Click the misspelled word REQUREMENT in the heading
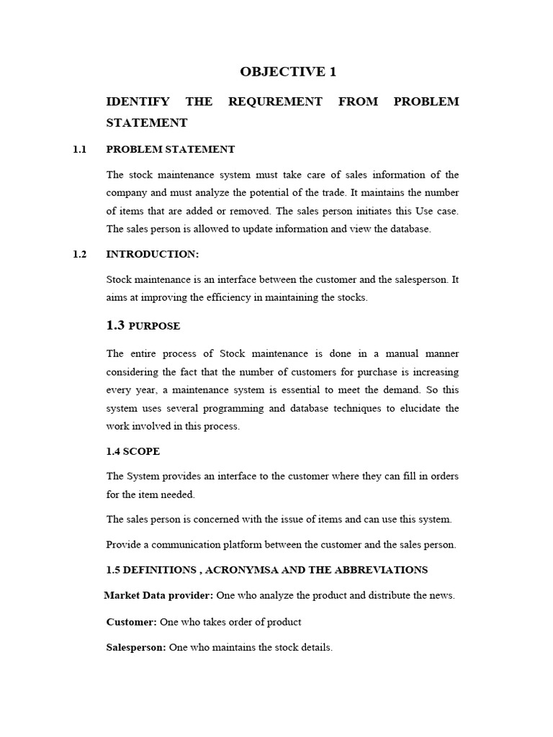tap(275, 101)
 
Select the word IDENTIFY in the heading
tap(137, 101)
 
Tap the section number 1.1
tap(79, 150)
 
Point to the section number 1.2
tap(79, 254)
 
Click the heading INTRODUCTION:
tap(151, 254)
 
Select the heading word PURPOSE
tap(154, 326)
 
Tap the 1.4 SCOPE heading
tap(133, 451)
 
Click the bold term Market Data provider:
tap(158, 595)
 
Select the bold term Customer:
tap(131, 622)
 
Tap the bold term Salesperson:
tap(136, 648)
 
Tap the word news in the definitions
tap(441, 596)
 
